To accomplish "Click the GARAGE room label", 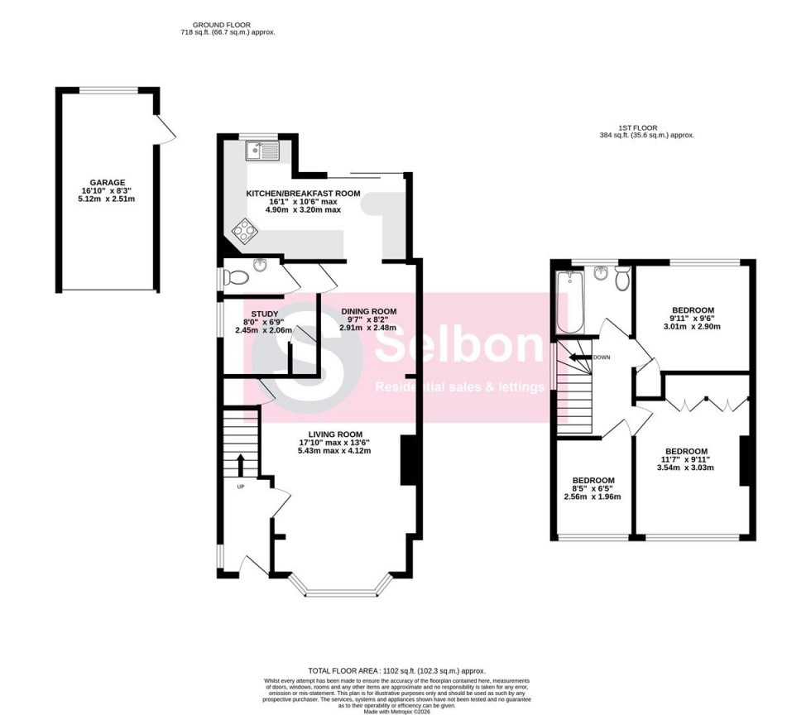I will click(108, 183).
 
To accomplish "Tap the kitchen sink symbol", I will click(262, 151).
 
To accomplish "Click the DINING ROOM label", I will click(368, 312).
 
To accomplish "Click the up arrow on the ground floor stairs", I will click(241, 464).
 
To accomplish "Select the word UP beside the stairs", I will click(241, 487).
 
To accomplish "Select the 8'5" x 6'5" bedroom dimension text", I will click(593, 497).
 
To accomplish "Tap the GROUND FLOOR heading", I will click(227, 26).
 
